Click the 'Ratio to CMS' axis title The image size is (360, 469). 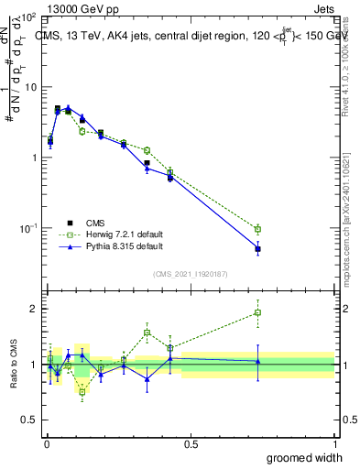click(x=14, y=365)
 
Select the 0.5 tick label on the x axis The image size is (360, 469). click(x=190, y=444)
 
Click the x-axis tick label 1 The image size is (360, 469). click(x=333, y=444)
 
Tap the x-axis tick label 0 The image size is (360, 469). click(x=46, y=444)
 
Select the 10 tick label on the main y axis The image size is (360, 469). click(x=30, y=87)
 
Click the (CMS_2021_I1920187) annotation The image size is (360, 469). click(x=190, y=272)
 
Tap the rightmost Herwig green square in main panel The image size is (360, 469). click(x=258, y=229)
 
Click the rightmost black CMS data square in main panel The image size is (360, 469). click(x=258, y=249)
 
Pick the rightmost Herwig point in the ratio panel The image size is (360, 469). click(x=258, y=312)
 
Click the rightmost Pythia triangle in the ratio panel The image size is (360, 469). click(x=258, y=361)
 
